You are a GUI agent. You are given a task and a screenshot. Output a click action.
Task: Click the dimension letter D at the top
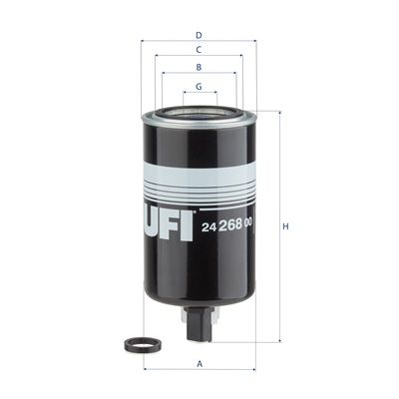coord(199,35)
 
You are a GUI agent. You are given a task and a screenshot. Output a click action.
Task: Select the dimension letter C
coord(199,50)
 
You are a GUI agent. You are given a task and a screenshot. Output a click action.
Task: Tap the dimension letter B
coord(199,67)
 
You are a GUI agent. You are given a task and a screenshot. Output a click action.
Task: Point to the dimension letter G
coord(199,87)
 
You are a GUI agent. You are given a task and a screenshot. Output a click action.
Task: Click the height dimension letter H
coord(285,226)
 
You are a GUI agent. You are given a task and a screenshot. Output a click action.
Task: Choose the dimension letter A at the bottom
coord(199,364)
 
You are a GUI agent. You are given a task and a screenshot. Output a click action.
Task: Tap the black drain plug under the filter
coord(199,323)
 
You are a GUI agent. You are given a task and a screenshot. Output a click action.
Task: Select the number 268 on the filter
coord(229,226)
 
